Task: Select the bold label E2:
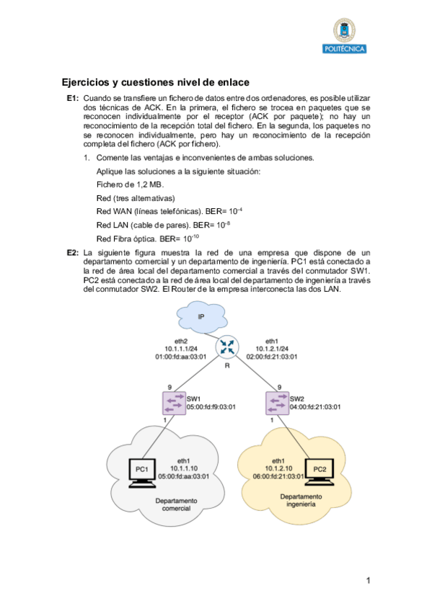72,253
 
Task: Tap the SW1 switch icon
174,402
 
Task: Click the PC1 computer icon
142,472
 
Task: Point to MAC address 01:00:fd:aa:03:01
181,356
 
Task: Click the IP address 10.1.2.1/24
272,348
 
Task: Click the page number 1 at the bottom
367,581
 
